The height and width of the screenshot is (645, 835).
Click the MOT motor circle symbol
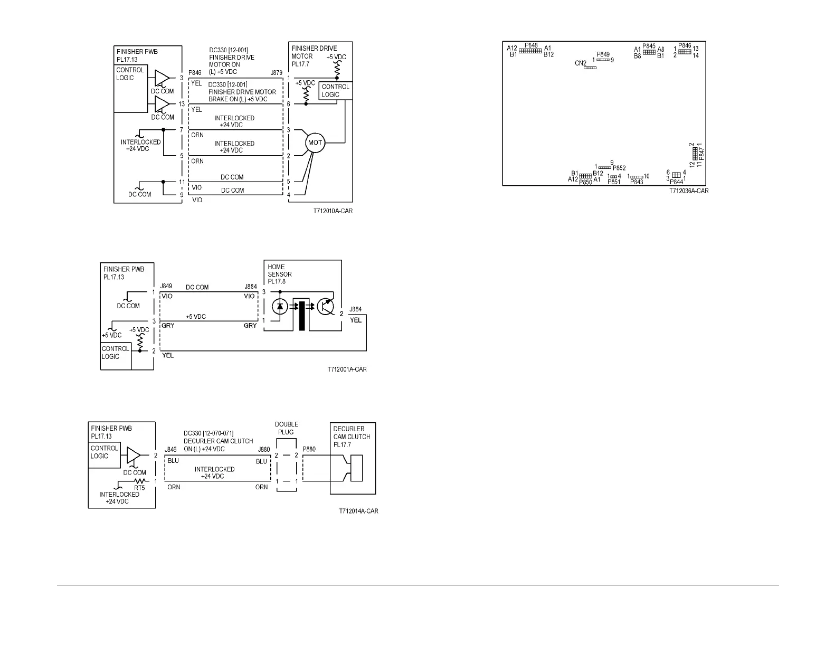coord(315,143)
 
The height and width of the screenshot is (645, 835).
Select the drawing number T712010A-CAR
coord(333,211)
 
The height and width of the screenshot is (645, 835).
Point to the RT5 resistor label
coord(139,488)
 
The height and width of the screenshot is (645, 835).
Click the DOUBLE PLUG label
coord(287,428)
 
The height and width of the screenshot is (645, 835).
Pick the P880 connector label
coord(309,449)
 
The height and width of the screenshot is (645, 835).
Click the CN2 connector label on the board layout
coord(581,63)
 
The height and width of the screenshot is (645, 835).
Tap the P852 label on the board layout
coord(619,168)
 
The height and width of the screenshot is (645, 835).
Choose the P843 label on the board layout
coord(637,182)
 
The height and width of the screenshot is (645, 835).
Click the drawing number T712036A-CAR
coord(689,191)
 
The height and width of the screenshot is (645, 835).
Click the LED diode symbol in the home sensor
coord(280,306)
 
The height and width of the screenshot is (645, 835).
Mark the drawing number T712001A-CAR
coord(347,369)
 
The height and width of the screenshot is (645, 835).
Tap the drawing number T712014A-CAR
coord(358,511)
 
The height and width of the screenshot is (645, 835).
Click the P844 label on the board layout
coord(676,182)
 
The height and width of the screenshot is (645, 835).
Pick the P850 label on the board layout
coord(585,183)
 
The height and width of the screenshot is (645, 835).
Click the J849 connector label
coord(166,287)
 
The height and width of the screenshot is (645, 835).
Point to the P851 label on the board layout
coord(614,182)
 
